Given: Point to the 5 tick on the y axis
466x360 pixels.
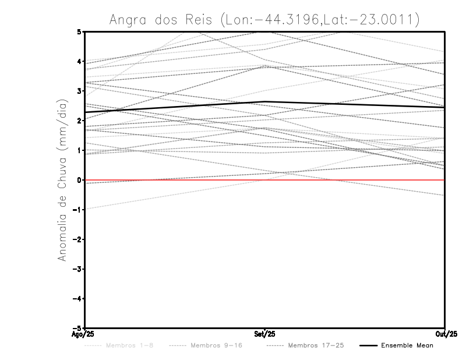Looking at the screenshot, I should pos(80,31).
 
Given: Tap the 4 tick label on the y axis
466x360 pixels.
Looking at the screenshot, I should pos(80,61).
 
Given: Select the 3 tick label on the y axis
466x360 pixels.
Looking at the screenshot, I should pos(80,91).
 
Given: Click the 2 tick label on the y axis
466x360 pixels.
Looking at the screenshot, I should pos(80,121).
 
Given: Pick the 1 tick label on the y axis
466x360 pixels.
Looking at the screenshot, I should pos(80,150).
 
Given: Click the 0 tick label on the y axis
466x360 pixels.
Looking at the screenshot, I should pos(80,180).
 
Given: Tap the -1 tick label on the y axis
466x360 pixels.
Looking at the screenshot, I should pos(78,210).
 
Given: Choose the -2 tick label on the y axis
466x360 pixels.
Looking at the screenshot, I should pos(78,239).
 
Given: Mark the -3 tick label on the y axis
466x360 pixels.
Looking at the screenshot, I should pos(78,269).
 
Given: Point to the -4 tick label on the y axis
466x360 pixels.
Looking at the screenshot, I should pos(78,299).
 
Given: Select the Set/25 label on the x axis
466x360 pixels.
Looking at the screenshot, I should pos(265,334).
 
